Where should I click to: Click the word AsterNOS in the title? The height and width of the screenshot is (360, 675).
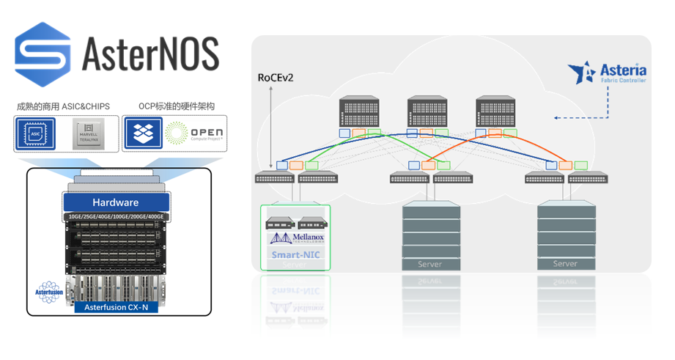(150, 54)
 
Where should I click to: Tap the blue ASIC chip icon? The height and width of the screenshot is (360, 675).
(36, 134)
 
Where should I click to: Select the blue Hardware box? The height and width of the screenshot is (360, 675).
(115, 202)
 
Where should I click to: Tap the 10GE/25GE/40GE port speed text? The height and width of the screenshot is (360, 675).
(115, 217)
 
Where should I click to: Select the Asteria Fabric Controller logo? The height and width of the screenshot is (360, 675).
(608, 73)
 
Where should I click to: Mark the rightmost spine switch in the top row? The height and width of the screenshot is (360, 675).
(498, 112)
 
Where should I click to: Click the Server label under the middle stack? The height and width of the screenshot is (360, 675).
(430, 264)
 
